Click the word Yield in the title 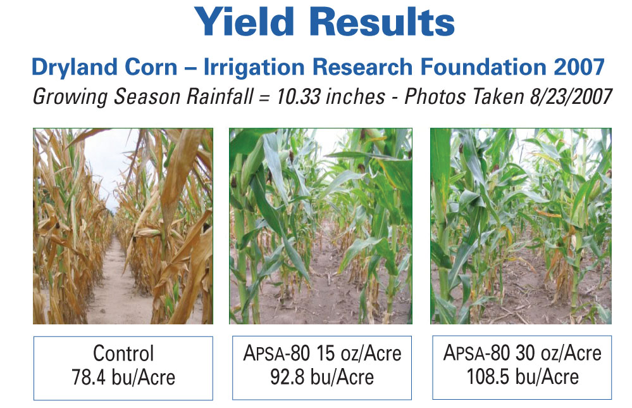244,22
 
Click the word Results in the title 382,22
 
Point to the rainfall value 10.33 298,96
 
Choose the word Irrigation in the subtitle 254,67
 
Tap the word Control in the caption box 123,354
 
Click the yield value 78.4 89,378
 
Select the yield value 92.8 287,377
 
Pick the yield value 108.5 488,376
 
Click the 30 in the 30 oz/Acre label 526,353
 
